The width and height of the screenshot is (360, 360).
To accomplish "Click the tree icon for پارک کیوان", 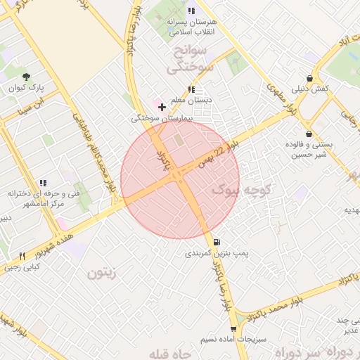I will pyautogui.click(x=27, y=77).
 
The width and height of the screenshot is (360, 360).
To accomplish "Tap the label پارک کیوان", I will pyautogui.click(x=27, y=89).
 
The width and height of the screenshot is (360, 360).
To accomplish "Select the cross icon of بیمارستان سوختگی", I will pyautogui.click(x=162, y=108).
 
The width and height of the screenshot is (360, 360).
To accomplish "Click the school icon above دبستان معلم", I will pyautogui.click(x=191, y=89).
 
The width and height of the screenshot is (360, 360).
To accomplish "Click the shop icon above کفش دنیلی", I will pyautogui.click(x=310, y=79).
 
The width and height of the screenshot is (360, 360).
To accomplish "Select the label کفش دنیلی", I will pyautogui.click(x=310, y=89).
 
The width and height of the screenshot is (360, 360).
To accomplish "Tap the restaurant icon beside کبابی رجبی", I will pyautogui.click(x=22, y=256).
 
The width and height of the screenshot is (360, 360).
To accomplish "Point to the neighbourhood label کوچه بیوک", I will pyautogui.click(x=239, y=188).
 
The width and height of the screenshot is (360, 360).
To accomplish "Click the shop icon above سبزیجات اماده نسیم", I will pyautogui.click(x=233, y=328).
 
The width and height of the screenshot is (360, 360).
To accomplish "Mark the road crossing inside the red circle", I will pyautogui.click(x=181, y=179).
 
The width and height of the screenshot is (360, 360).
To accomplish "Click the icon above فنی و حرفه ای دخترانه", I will pyautogui.click(x=44, y=182).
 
